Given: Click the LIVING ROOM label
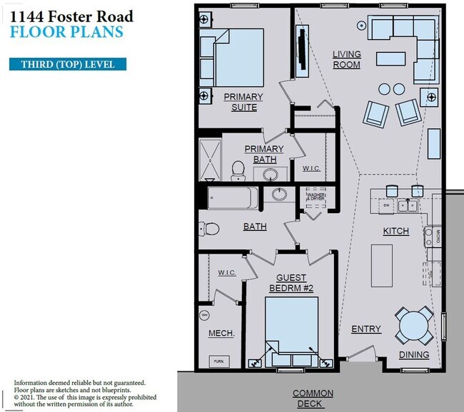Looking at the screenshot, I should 346,60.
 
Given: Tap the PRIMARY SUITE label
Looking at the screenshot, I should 243,102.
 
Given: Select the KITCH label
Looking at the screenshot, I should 396,232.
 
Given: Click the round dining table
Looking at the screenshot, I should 415,326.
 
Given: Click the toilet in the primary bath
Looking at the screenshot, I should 238,170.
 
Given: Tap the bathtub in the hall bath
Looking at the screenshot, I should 233,197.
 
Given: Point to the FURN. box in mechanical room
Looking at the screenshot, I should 218,361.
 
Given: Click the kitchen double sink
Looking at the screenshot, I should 408,206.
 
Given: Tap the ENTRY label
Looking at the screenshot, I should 366,329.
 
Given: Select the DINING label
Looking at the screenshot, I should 414,354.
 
